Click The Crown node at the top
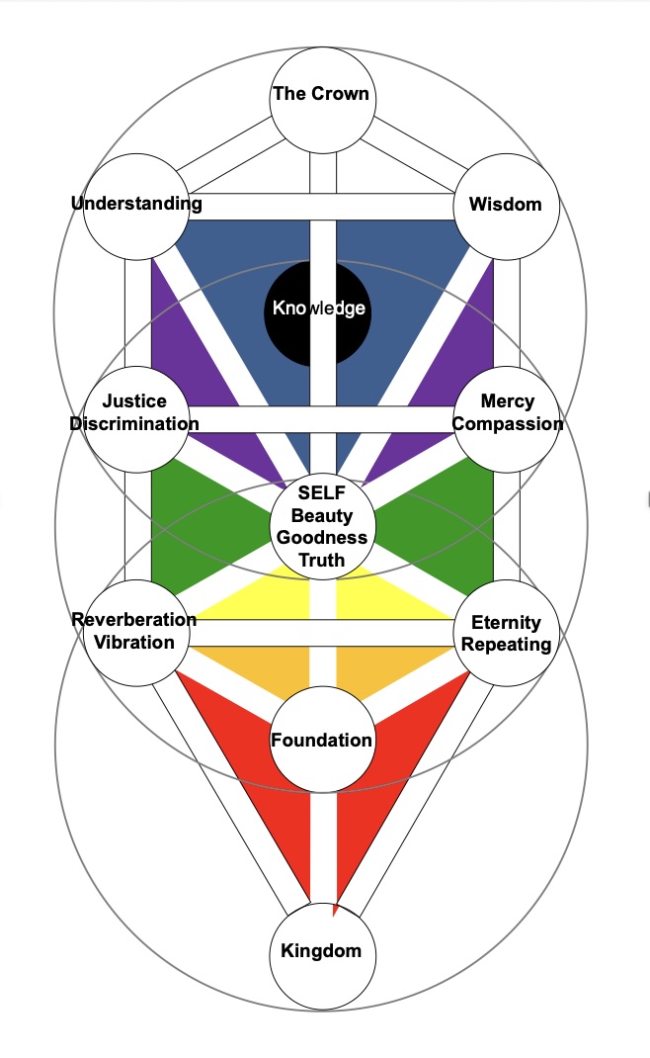pyautogui.click(x=321, y=96)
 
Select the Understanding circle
pyautogui.click(x=135, y=206)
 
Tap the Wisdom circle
pyautogui.click(x=505, y=206)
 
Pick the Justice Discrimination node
pyautogui.click(x=135, y=413)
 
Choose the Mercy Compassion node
pyautogui.click(x=506, y=413)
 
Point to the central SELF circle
pyautogui.click(x=322, y=525)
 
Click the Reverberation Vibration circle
pyautogui.click(x=135, y=631)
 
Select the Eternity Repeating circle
pyautogui.click(x=506, y=633)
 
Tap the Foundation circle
pyautogui.click(x=321, y=740)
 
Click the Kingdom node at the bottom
pyautogui.click(x=321, y=952)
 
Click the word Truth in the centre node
pyautogui.click(x=322, y=560)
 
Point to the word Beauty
pyautogui.click(x=322, y=517)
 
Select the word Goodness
pyautogui.click(x=322, y=538)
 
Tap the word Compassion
pyautogui.click(x=508, y=424)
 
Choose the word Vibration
pyautogui.click(x=135, y=642)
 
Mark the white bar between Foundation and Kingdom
pyautogui.click(x=322, y=840)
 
